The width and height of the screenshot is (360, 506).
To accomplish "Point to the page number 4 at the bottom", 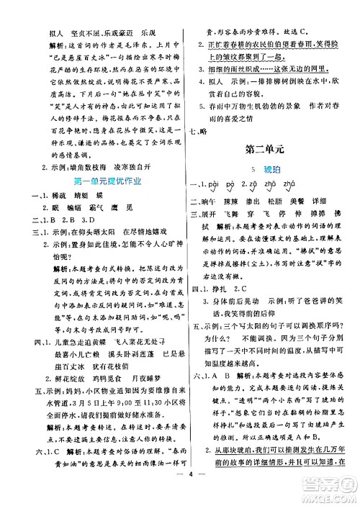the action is pyautogui.click(x=179, y=493).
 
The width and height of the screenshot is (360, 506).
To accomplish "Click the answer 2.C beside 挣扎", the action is pyautogui.click(x=258, y=286).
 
